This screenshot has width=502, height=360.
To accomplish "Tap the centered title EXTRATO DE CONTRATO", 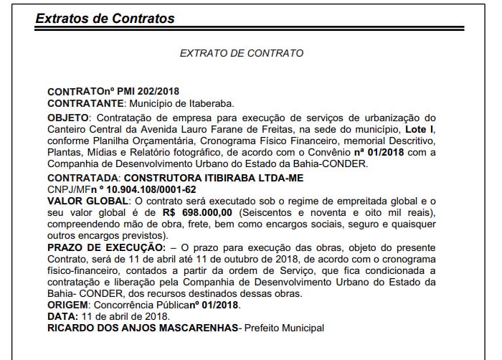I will [242, 53].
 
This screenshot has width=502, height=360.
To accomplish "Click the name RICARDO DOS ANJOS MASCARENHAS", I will [142, 328].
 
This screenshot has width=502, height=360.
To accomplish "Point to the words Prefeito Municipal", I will [284, 328].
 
